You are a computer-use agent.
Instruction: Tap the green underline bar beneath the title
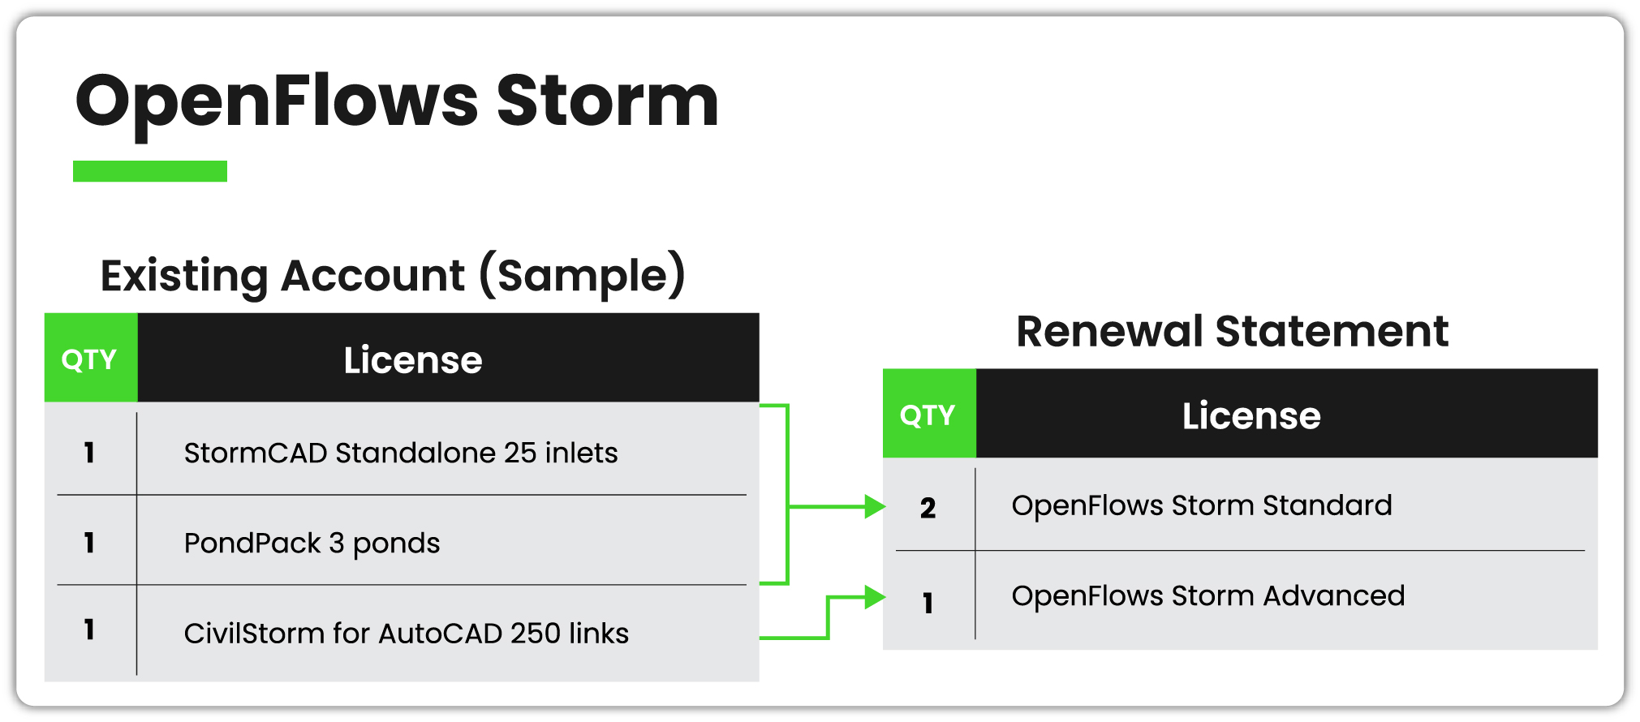tap(150, 171)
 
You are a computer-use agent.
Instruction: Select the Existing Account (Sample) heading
tap(393, 276)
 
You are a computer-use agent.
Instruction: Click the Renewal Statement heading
tap(1232, 331)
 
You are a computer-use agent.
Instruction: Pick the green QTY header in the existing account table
tap(90, 359)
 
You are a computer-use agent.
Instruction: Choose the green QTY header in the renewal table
tap(928, 415)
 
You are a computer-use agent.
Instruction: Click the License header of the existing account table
tap(412, 359)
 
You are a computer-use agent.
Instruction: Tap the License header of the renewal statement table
tap(1250, 415)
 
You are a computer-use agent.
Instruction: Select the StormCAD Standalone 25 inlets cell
tap(401, 453)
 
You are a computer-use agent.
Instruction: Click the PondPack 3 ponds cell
tap(312, 543)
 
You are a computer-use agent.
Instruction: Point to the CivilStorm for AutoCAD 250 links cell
tap(406, 633)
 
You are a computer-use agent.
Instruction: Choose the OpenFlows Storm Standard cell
tap(1201, 505)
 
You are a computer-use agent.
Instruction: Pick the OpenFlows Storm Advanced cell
tap(1207, 596)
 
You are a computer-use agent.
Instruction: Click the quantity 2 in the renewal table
tap(928, 508)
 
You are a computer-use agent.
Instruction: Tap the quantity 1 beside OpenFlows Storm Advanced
tap(928, 603)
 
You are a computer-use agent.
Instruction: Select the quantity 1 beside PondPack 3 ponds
tap(89, 543)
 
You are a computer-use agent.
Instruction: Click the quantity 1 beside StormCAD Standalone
tap(89, 453)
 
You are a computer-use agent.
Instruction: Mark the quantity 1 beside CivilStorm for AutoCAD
tap(89, 630)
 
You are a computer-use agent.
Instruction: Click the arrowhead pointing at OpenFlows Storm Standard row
tap(875, 507)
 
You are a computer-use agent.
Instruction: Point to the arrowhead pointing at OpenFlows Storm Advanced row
tap(875, 598)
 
